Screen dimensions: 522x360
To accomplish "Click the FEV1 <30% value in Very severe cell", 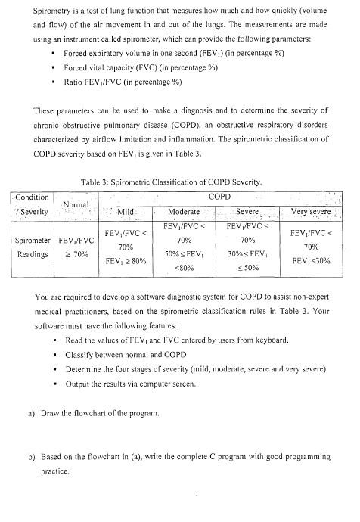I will (x=310, y=260).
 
